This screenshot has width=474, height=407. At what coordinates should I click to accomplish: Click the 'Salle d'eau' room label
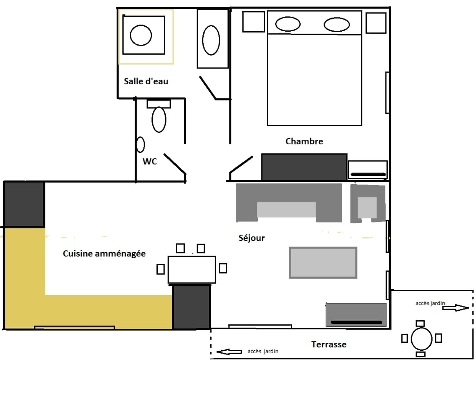[x=146, y=81]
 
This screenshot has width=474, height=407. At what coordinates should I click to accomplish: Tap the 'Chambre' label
[x=304, y=141]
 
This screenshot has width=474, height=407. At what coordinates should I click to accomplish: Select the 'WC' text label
[x=149, y=161]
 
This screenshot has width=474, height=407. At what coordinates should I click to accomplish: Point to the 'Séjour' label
[x=251, y=238]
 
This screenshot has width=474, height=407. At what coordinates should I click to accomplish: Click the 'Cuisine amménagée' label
[x=104, y=254]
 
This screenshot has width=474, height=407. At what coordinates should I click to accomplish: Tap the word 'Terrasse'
[x=329, y=344]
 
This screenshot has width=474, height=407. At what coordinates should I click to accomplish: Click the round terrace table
[x=421, y=339]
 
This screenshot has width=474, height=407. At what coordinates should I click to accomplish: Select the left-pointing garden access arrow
[x=229, y=352]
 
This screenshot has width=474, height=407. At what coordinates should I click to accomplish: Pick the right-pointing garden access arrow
[x=456, y=308]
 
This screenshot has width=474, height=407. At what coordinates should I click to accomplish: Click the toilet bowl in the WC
[x=159, y=120]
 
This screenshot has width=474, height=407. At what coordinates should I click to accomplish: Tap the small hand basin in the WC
[x=140, y=145]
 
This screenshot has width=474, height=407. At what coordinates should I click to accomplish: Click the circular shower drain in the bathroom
[x=141, y=35]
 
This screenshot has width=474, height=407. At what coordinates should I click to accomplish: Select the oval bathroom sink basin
[x=211, y=40]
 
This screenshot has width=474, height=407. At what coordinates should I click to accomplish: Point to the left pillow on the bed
[x=288, y=24]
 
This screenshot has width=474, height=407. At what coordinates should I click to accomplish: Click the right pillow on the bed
[x=337, y=25]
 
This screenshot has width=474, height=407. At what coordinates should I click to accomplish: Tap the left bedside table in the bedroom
[x=254, y=22]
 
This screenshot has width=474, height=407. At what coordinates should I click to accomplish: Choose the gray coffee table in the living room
[x=323, y=263]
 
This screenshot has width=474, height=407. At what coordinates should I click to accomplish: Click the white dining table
[x=192, y=270]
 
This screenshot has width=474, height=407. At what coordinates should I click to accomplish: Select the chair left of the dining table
[x=161, y=269]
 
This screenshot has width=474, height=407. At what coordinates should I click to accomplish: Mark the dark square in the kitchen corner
[x=24, y=204]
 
